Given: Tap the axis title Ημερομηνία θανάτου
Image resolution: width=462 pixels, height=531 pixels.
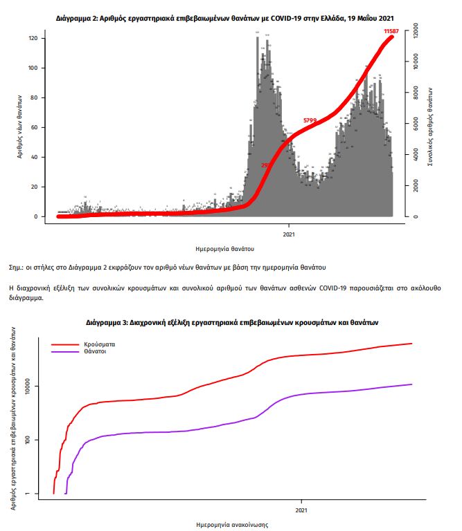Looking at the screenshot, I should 226,248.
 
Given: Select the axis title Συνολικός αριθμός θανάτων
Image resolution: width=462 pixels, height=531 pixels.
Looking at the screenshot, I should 432,127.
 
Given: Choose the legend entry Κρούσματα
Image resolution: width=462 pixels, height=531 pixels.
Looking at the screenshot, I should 99,344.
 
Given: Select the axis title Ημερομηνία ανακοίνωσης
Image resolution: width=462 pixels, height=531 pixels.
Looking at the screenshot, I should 232,525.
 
